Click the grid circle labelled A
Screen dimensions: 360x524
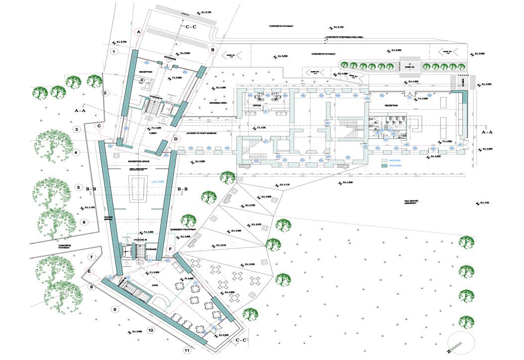pos(139,31)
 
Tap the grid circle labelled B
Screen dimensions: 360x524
pos(212,50)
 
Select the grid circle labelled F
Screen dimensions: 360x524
pos(170,248)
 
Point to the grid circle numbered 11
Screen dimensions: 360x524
pos(187,351)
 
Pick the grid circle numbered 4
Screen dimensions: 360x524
pos(76,152)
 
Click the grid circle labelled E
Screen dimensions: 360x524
pos(90,272)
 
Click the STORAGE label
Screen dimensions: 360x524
pos(151,249)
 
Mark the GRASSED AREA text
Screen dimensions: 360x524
pos(218,102)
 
